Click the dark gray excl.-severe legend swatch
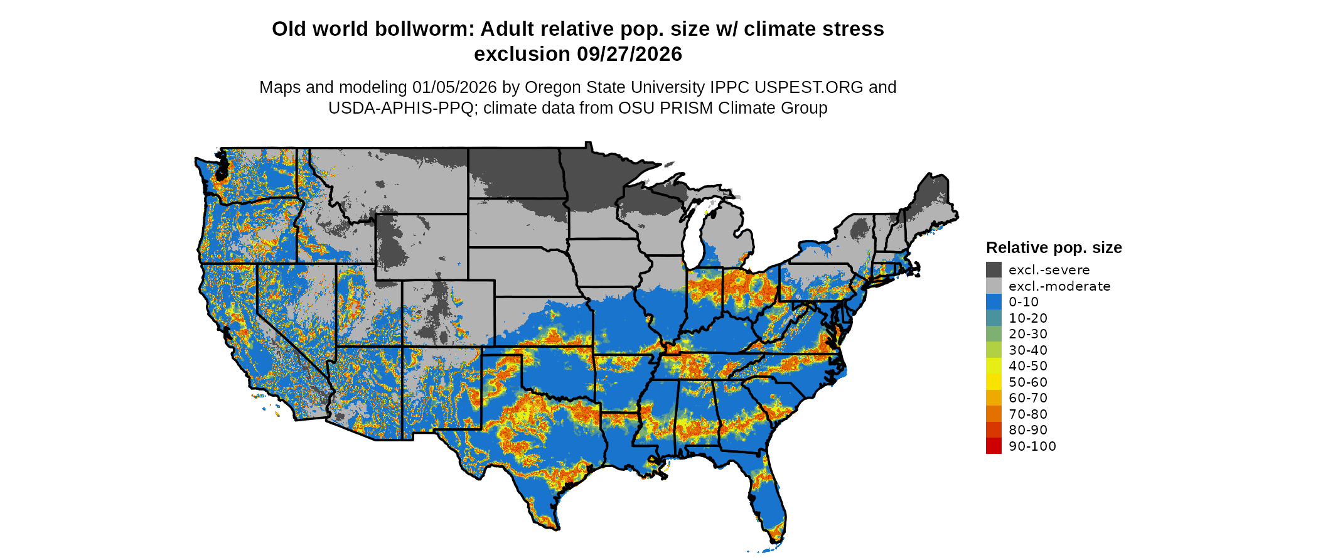(x=994, y=270)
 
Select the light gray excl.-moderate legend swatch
(x=994, y=286)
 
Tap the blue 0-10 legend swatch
(x=994, y=302)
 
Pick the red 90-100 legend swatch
(x=994, y=446)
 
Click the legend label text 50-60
(x=1028, y=382)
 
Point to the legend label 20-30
(x=1028, y=334)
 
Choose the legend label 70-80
(x=1028, y=414)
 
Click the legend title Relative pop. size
(x=1054, y=248)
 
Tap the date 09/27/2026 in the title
(x=630, y=55)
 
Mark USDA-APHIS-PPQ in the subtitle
(x=401, y=108)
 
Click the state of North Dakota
(x=515, y=173)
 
